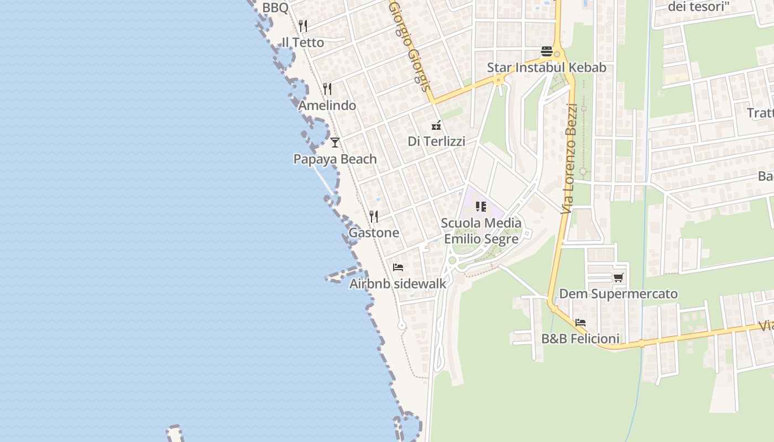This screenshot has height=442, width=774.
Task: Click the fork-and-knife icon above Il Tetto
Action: pyautogui.click(x=303, y=26)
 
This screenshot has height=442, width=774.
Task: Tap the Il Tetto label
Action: pyautogui.click(x=303, y=42)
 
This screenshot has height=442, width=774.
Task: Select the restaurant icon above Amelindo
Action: pyautogui.click(x=327, y=89)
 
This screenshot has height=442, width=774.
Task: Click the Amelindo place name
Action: pyautogui.click(x=327, y=105)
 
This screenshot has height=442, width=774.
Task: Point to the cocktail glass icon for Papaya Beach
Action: pyautogui.click(x=335, y=143)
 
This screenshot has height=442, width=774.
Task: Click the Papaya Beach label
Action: pyautogui.click(x=335, y=159)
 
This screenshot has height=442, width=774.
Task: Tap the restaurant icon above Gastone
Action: pyautogui.click(x=374, y=216)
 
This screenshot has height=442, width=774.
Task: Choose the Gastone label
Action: pyautogui.click(x=374, y=233)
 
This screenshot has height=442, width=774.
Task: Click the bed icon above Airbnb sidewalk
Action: pyautogui.click(x=398, y=267)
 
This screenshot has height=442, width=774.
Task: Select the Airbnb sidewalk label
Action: pyautogui.click(x=398, y=283)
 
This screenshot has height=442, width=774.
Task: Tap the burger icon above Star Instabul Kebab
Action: pyautogui.click(x=547, y=51)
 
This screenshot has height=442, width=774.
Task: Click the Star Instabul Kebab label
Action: pyautogui.click(x=547, y=67)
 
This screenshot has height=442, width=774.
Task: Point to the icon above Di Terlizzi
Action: pyautogui.click(x=436, y=125)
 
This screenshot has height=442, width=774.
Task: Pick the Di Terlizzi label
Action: pyautogui.click(x=436, y=141)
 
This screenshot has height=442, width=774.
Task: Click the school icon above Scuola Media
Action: pyautogui.click(x=481, y=207)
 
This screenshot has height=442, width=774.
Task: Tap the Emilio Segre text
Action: pyautogui.click(x=482, y=239)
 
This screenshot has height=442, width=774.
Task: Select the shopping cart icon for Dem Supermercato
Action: pyautogui.click(x=618, y=277)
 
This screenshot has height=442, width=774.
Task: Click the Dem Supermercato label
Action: pyautogui.click(x=619, y=293)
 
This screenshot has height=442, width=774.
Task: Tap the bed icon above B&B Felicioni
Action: pyautogui.click(x=580, y=323)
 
